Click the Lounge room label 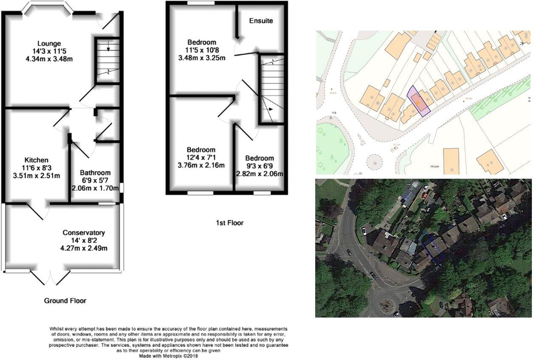pyautogui.click(x=49, y=43)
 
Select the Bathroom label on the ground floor pyautogui.click(x=95, y=173)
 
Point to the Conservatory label pyautogui.click(x=84, y=233)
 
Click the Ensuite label pyautogui.click(x=261, y=21)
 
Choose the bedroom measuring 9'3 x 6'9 pyautogui.click(x=259, y=158)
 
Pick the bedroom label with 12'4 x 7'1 pyautogui.click(x=201, y=150)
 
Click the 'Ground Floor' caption pyautogui.click(x=65, y=301)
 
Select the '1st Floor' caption pyautogui.click(x=230, y=222)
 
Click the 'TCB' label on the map pyautogui.click(x=334, y=113)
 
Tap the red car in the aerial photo pyautogui.click(x=425, y=196)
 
